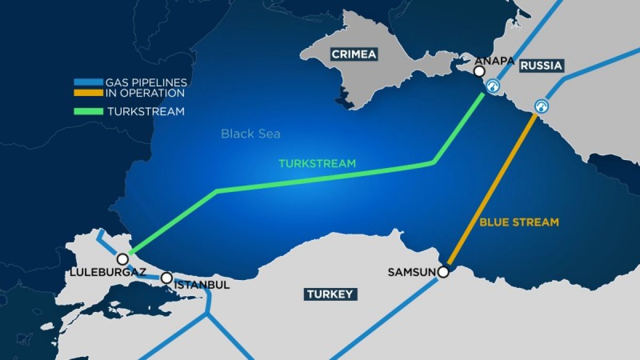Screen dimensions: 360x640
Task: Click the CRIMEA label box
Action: coord(354,54)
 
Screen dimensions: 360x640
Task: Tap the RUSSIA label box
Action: coord(541,66)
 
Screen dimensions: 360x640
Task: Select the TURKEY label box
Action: coord(331,294)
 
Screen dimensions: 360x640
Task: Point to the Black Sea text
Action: coord(251,134)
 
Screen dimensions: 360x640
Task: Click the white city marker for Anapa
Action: coord(479,71)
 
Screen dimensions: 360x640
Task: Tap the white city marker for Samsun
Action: coord(443,272)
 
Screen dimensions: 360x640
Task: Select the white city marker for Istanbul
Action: coord(166,278)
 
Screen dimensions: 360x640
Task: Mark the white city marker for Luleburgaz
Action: coord(123,259)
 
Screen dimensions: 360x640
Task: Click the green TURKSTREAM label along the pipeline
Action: coord(317,164)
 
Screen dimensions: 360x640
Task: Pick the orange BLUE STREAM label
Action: coord(519,222)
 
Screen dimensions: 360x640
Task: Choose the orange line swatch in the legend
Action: coord(88,93)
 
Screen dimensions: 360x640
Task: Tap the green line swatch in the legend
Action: coord(88,111)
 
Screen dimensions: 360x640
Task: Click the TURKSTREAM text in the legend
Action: coord(146,111)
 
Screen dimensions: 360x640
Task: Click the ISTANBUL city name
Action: coord(203,285)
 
